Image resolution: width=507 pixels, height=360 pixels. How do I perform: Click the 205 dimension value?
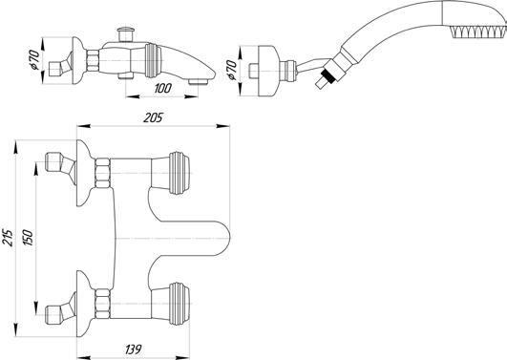(153, 117)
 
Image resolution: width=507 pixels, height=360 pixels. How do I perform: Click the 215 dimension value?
(10, 238)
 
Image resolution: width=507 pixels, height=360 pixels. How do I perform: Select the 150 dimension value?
(28, 238)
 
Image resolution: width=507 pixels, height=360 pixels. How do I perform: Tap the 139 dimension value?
(133, 349)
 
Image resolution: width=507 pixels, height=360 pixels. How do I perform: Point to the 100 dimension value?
(162, 88)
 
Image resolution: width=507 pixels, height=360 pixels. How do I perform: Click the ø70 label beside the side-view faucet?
(34, 60)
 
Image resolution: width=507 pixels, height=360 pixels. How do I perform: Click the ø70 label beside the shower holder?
(232, 70)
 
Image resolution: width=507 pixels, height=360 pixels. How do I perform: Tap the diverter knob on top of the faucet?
(126, 34)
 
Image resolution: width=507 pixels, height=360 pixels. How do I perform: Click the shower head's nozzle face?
(478, 32)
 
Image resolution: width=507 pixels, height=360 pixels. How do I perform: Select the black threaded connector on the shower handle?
(327, 75)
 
